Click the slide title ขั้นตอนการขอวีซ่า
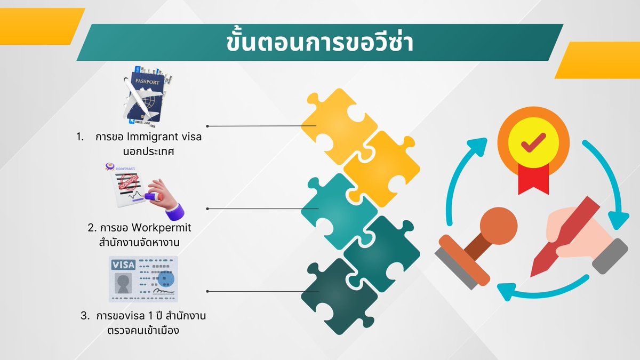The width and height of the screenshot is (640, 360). pos(319,43)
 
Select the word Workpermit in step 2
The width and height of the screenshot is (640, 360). pos(162,228)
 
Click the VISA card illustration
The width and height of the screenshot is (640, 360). pos(143,279)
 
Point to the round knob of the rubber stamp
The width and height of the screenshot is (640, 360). pos(499,225)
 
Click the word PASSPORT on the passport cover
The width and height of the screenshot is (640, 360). pos(147,83)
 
